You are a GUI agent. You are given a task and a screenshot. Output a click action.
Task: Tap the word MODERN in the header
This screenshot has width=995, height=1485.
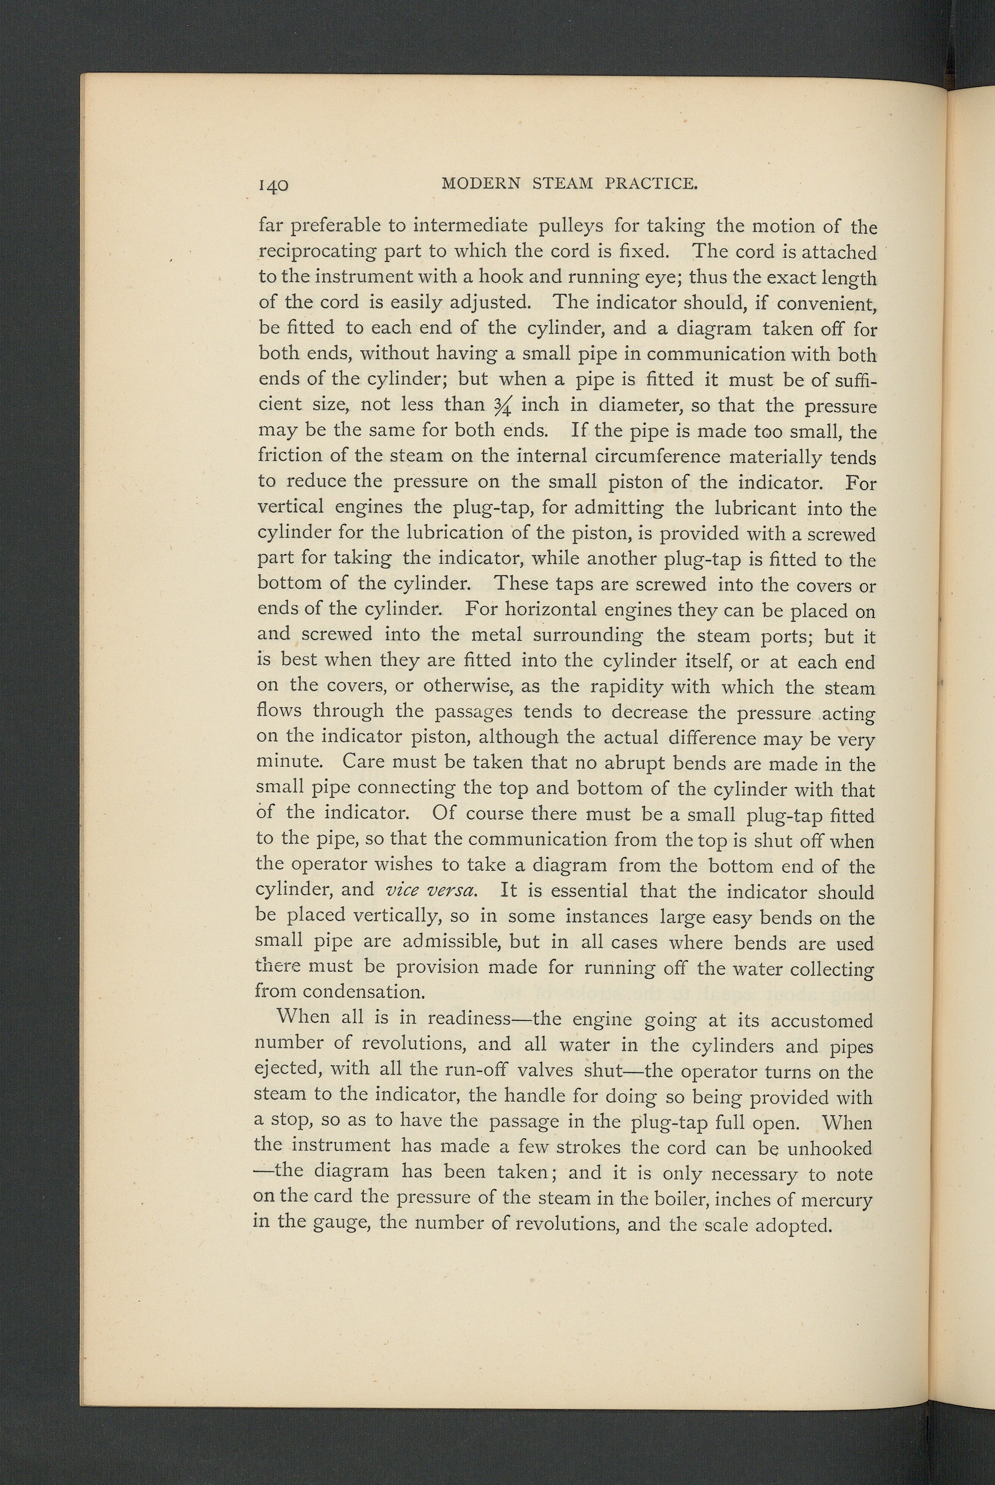tap(480, 184)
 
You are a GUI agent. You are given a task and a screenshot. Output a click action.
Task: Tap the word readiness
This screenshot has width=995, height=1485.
tap(469, 1019)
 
